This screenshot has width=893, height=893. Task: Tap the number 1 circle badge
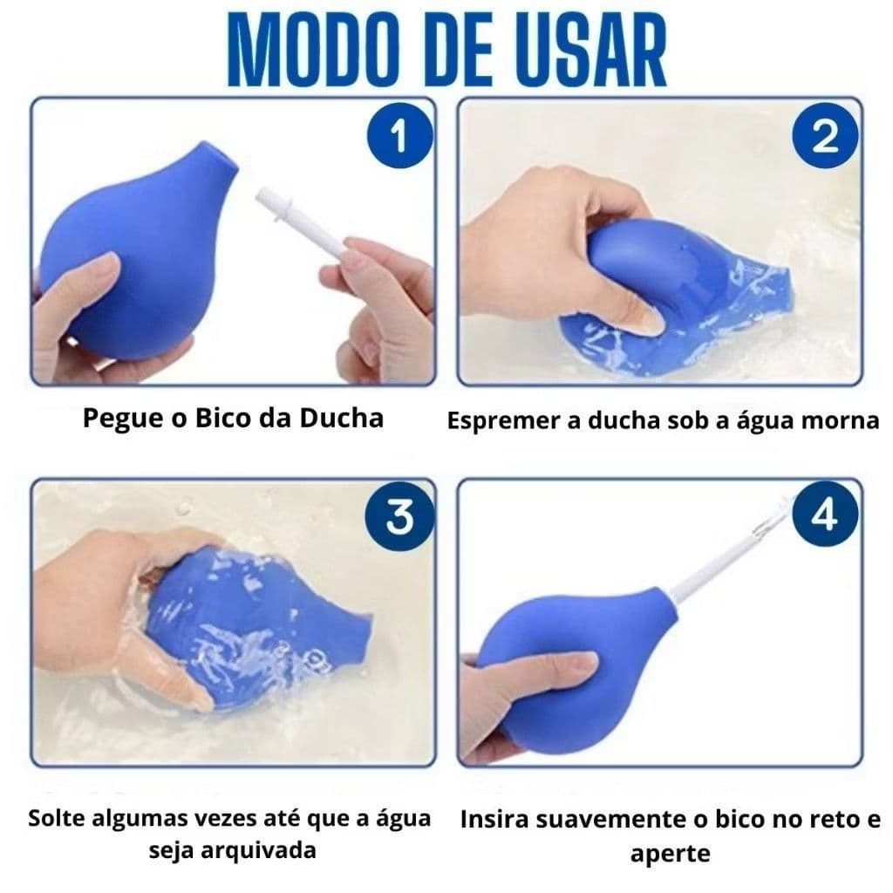click(x=399, y=139)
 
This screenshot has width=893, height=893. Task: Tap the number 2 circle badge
click(x=824, y=139)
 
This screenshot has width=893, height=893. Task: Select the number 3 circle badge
click(x=399, y=518)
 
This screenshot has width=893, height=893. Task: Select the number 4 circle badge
click(x=824, y=518)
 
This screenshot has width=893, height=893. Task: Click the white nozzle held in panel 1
click(x=301, y=223)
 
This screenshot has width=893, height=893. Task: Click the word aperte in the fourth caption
click(x=669, y=852)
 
